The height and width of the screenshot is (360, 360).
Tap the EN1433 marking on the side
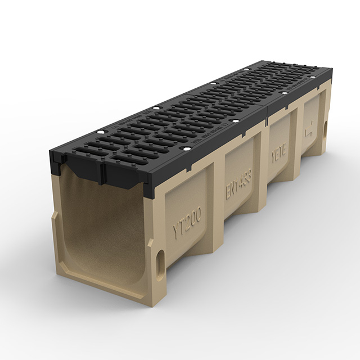[238, 183]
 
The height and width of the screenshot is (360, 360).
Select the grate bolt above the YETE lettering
[284, 93]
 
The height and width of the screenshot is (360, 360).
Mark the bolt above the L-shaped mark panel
[315, 76]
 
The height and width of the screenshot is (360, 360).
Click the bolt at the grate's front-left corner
[101, 132]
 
